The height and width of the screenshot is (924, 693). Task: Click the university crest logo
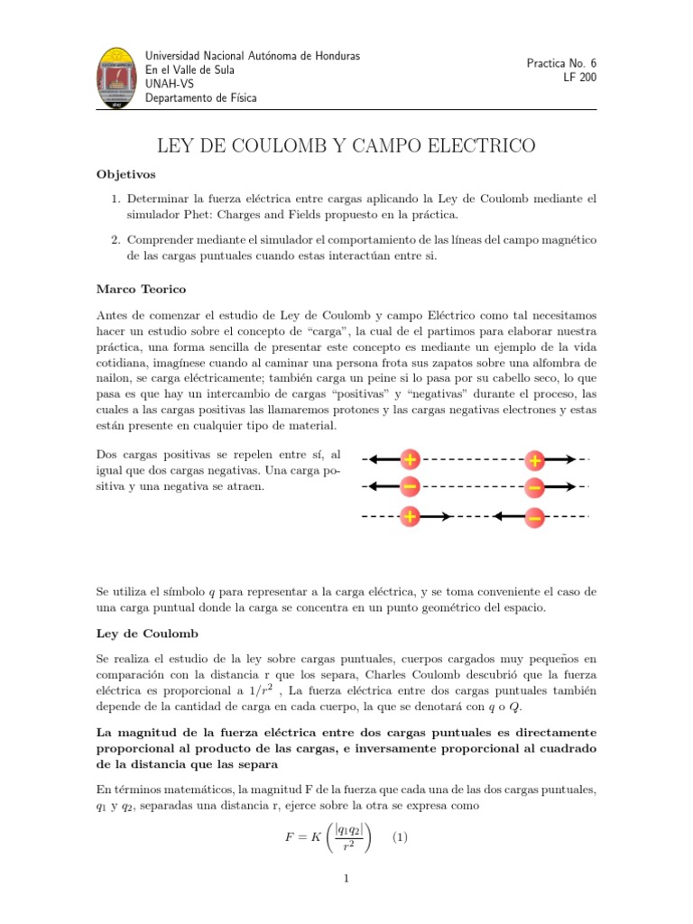(116, 79)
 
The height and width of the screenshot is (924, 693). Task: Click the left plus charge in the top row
(410, 460)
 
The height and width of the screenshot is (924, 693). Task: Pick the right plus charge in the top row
(535, 460)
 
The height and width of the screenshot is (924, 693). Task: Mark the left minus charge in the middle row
(410, 488)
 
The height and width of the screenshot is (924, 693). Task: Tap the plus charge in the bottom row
(410, 517)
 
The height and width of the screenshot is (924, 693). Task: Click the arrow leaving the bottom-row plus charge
(438, 517)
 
